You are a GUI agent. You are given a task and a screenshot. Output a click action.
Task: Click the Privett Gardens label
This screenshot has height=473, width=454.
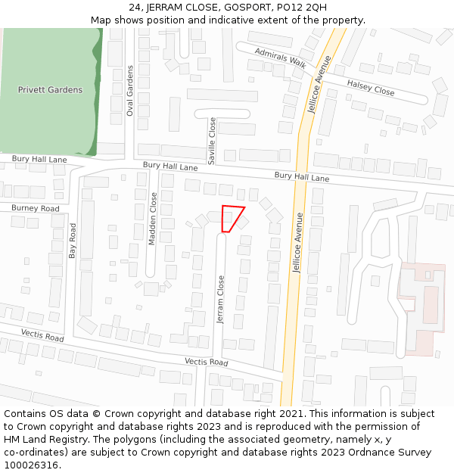coord(50,90)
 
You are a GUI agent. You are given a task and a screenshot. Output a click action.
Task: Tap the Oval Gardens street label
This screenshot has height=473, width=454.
coord(129,90)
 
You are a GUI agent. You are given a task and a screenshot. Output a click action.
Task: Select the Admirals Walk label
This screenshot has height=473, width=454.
coord(281,59)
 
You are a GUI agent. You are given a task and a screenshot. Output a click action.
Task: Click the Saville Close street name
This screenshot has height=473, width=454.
coord(213,141)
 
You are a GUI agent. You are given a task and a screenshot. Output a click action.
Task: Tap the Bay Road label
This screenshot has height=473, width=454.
coord(73,241)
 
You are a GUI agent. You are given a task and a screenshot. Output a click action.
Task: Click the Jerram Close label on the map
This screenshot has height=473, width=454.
coord(221,299)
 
